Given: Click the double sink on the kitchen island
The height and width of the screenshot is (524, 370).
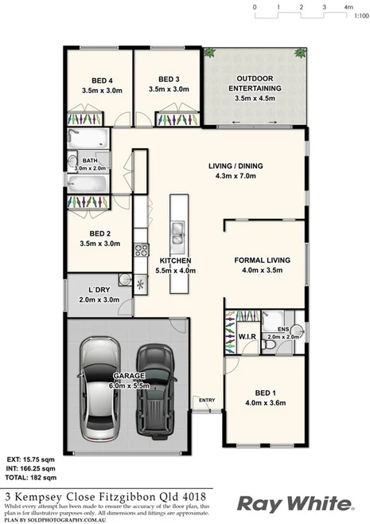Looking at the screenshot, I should pyautogui.click(x=177, y=235).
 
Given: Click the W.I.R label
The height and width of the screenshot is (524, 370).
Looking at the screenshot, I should pyautogui.click(x=247, y=337).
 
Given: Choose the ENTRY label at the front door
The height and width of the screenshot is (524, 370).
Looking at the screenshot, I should pyautogui.click(x=207, y=401).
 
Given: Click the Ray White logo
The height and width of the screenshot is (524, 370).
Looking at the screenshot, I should pyautogui.click(x=294, y=503).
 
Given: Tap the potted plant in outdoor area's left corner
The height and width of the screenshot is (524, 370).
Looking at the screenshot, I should pyautogui.click(x=210, y=53).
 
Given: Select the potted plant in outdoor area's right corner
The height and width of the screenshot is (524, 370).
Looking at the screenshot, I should pyautogui.click(x=300, y=53).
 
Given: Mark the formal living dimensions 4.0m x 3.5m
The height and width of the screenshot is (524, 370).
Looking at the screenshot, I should pyautogui.click(x=264, y=271).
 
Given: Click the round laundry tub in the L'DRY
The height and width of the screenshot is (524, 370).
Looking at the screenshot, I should pyautogui.click(x=124, y=279).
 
